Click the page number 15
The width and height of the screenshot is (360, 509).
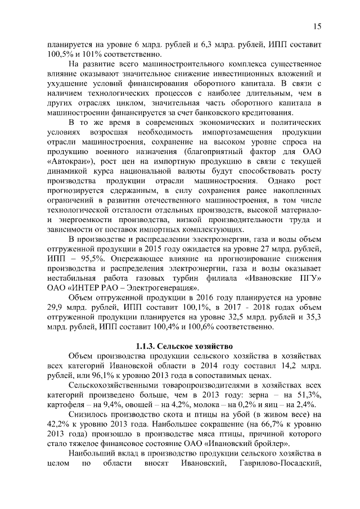point(317,26)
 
